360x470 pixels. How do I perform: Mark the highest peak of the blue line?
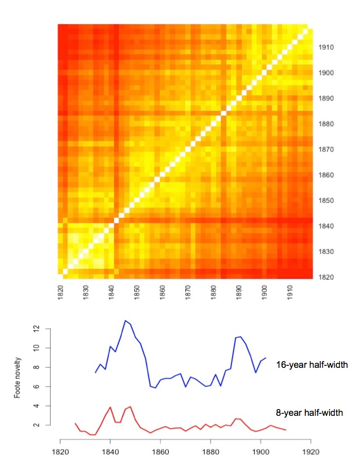(x=125, y=320)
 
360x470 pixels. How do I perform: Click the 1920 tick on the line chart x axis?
(x=310, y=456)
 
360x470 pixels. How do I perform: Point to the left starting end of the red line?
(x=75, y=423)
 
